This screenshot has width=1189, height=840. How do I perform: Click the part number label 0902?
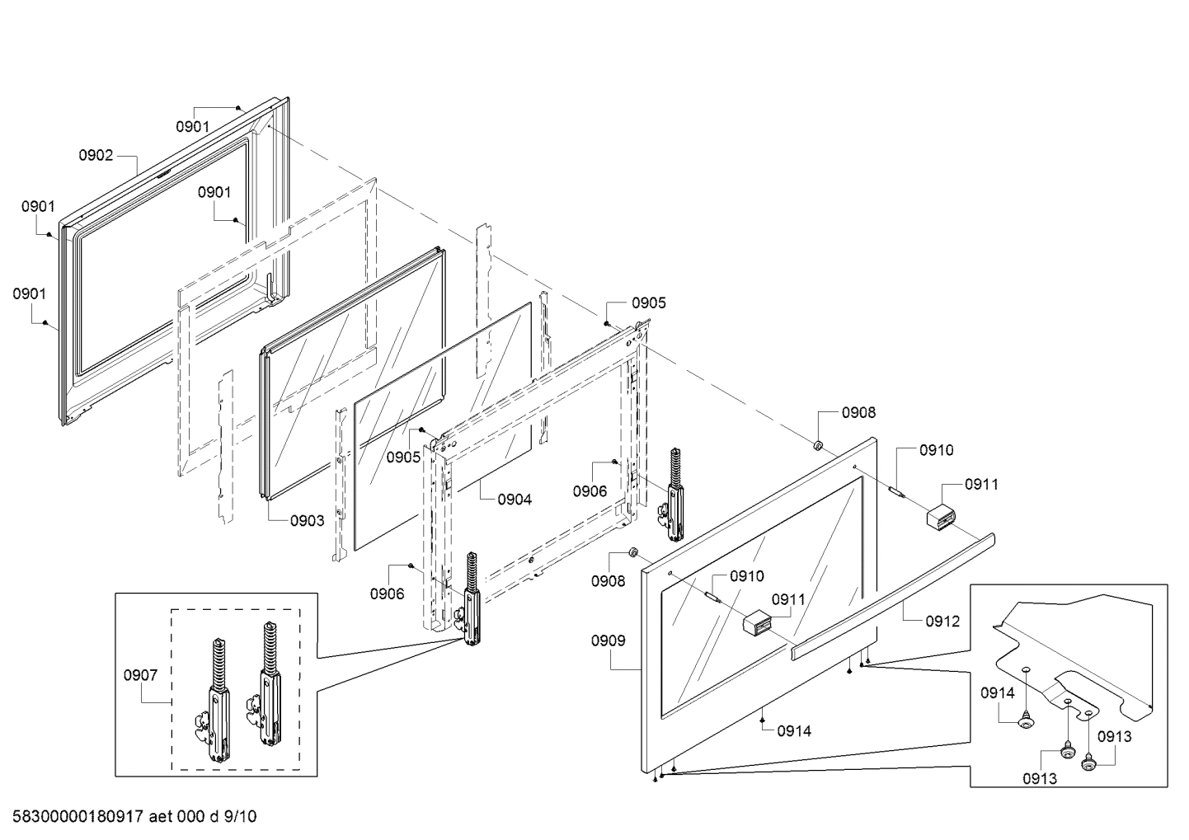coord(96,155)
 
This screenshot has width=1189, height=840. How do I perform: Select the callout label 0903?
coord(307,520)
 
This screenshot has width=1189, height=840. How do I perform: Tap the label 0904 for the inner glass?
coord(515,499)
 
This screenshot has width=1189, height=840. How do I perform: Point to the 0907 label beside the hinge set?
coord(140,675)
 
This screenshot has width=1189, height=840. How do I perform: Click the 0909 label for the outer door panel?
coord(609,641)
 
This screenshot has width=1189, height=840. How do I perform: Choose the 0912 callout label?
coord(942,621)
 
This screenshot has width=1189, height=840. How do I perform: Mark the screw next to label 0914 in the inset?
coord(1027,722)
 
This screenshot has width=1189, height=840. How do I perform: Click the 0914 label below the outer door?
coord(794,730)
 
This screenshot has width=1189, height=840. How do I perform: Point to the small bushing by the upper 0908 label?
coord(819,445)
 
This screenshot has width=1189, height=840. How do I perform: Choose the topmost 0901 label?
coord(193,126)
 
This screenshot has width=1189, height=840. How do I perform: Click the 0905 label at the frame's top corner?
coord(649,303)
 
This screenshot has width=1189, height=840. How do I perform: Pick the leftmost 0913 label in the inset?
coord(1040,778)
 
